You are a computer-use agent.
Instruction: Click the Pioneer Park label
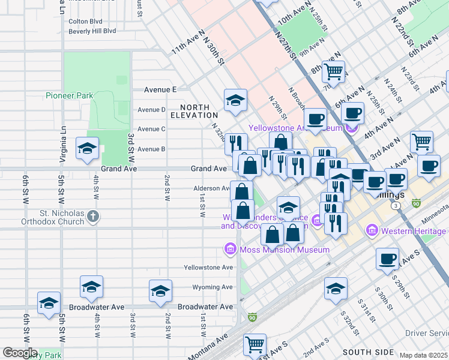[x=69, y=95]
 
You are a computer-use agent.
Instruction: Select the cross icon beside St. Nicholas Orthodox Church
[x=92, y=215]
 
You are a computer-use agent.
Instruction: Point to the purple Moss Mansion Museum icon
[x=229, y=248]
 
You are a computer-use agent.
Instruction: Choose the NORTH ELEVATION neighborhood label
[x=194, y=110]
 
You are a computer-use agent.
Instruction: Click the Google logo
[x=20, y=352]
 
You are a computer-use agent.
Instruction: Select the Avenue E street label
[x=160, y=90]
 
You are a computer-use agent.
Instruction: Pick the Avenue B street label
[x=151, y=149]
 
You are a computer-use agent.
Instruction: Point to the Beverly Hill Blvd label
[x=92, y=31]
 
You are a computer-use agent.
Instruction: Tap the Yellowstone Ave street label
[x=208, y=267]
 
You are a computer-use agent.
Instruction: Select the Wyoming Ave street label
[x=212, y=287]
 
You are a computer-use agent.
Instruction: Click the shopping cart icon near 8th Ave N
[x=333, y=71]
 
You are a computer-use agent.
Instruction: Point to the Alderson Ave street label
[x=212, y=188]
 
